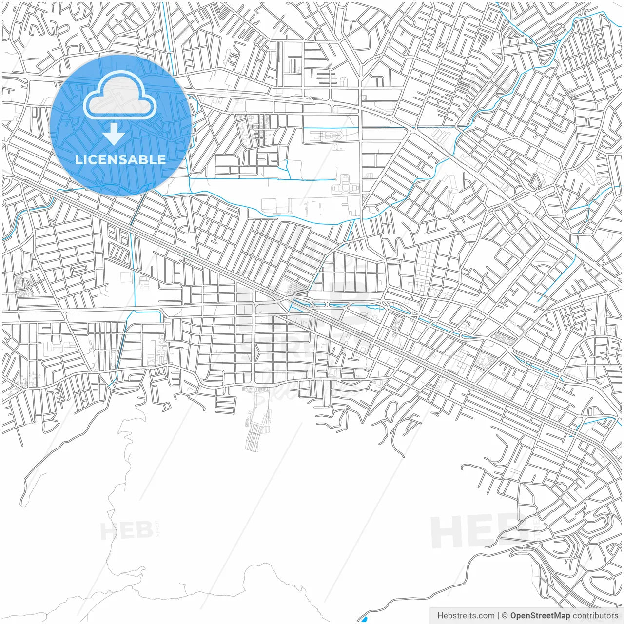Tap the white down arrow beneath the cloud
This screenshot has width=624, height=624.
tap(114, 134)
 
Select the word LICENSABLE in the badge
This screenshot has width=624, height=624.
tap(120, 159)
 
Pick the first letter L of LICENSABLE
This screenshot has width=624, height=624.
tap(78, 159)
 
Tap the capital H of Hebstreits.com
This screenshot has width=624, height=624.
tap(440, 616)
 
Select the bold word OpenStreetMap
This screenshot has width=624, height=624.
tap(540, 616)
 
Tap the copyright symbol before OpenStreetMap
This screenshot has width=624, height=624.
tap(505, 616)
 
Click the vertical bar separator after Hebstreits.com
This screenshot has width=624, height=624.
tap(498, 616)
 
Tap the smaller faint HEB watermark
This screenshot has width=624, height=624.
tap(127, 530)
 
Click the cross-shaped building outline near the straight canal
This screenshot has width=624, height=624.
tap(345, 186)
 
